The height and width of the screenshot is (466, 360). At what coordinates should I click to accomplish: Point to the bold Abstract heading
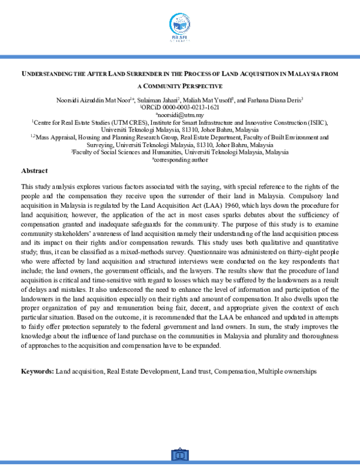34,171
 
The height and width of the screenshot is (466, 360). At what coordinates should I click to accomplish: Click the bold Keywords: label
38,372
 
